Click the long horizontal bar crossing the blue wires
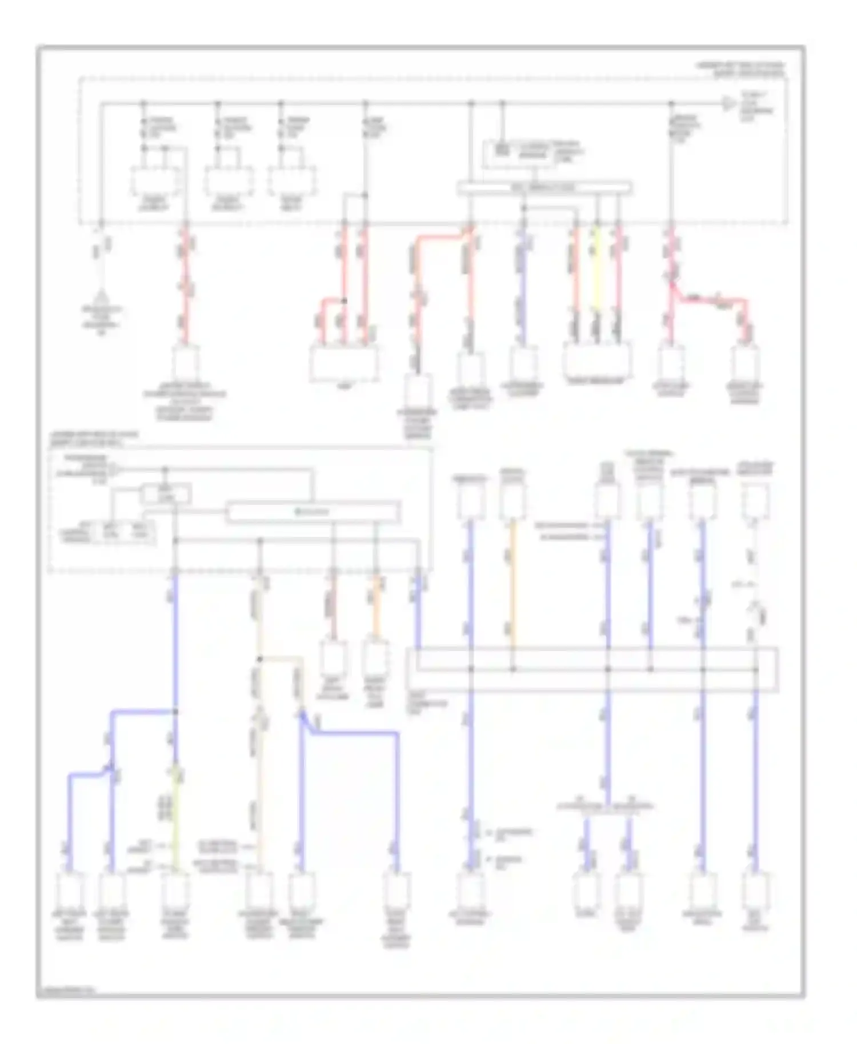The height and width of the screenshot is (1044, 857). coord(592,669)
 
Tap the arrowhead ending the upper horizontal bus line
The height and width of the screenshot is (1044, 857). coord(728,104)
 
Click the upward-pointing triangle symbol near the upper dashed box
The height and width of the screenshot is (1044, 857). coord(102,297)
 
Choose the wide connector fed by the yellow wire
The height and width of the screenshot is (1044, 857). coord(597,360)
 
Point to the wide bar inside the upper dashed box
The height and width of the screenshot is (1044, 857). coord(544,187)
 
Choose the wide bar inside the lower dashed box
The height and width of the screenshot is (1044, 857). coord(313,512)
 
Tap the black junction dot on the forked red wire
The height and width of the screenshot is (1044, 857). coord(344,300)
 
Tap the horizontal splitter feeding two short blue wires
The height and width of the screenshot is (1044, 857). coord(606,808)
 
